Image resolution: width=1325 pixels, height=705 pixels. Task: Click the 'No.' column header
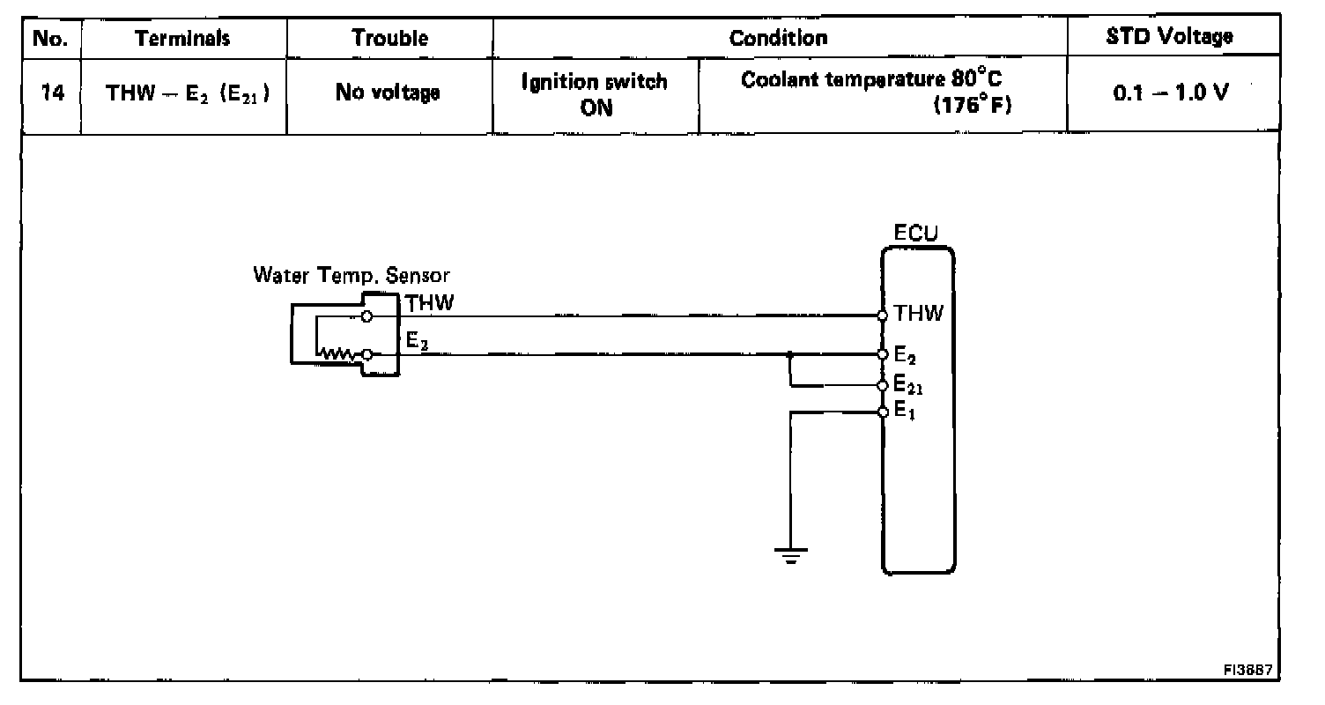[49, 38]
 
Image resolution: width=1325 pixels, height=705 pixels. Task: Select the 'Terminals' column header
[182, 38]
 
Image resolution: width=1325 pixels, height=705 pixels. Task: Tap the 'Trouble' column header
[390, 38]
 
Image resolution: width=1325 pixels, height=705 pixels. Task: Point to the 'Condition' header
[779, 38]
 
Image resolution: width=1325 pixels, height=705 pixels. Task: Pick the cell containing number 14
[49, 93]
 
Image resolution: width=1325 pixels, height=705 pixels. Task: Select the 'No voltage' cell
[388, 93]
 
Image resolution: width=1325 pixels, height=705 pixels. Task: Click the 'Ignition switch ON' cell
[596, 94]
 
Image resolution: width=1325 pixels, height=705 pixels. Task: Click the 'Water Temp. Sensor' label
[352, 275]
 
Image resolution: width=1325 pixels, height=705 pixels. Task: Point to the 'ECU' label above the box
[916, 235]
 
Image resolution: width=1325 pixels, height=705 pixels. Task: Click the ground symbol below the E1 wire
[790, 555]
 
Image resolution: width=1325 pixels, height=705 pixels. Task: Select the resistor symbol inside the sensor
[337, 354]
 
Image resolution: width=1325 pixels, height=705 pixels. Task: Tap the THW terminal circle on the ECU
[883, 315]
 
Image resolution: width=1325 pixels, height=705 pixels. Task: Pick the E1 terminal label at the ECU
[904, 411]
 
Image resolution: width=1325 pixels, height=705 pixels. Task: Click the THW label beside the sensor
[429, 303]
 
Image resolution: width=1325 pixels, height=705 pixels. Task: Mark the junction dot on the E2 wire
[791, 354]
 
